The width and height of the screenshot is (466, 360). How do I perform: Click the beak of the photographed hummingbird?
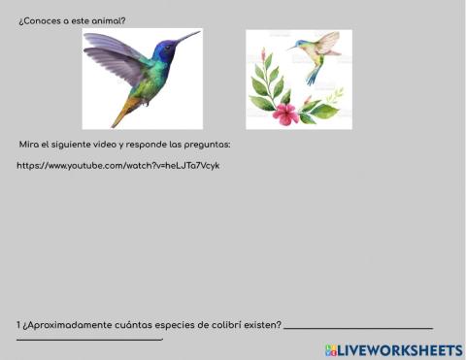point(187,38)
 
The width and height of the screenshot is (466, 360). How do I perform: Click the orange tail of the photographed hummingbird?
point(121,115)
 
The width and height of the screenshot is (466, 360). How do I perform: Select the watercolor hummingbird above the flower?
point(316,54)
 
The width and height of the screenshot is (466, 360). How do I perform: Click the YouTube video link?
point(117,165)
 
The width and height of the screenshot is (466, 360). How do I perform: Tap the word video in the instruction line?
point(107,145)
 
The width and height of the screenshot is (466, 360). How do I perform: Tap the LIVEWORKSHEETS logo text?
point(399,349)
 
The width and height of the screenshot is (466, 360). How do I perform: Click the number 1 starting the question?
point(18,324)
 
